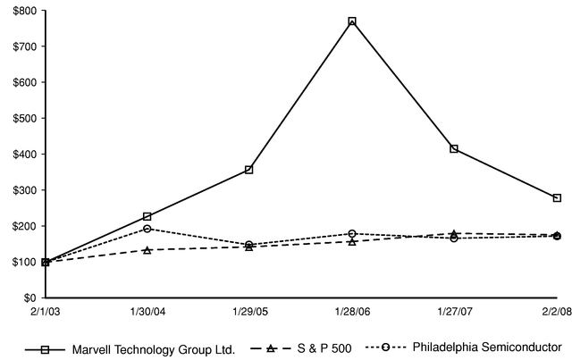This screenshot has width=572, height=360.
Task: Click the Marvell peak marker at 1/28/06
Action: coord(352,21)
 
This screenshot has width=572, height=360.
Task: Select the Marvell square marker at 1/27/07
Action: coord(454,148)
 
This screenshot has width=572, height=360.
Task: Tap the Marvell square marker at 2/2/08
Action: coord(557,197)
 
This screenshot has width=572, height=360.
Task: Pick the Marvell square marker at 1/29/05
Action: coord(248,169)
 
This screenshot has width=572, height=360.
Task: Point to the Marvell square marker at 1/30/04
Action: coord(147,216)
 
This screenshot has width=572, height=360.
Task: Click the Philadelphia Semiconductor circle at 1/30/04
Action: coord(147,229)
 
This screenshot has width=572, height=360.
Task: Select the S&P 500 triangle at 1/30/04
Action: coord(147,250)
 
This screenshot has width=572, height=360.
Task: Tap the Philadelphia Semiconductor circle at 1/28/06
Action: coord(352,234)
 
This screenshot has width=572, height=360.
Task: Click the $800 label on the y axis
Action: coord(24,11)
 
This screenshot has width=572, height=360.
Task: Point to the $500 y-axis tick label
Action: coord(24,118)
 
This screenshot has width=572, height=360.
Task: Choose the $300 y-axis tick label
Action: coord(24,190)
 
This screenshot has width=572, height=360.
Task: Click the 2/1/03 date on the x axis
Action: coord(45,311)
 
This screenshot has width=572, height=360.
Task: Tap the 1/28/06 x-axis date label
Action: coord(352,311)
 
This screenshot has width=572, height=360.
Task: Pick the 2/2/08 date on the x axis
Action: coord(556,311)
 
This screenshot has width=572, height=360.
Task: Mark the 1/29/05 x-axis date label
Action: coord(248,311)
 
